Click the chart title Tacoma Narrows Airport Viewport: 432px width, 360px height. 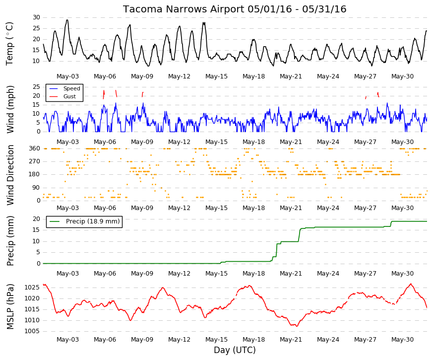[184, 9]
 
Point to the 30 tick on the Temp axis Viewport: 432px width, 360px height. [36, 17]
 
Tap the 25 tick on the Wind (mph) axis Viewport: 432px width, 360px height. [36, 87]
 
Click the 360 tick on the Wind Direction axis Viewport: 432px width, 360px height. [35, 148]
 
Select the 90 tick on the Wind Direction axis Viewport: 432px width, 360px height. [36, 188]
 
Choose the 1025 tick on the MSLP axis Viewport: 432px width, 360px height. [32, 288]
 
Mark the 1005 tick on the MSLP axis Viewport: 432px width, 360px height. [32, 331]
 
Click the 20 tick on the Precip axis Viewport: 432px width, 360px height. [36, 219]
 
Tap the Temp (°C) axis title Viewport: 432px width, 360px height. [9, 44]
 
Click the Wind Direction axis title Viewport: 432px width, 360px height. [10, 175]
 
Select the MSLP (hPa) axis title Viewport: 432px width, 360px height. [10, 306]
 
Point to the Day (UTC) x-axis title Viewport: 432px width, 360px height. [235, 350]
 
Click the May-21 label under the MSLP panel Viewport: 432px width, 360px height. [291, 340]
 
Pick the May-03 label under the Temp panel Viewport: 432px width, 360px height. [67, 76]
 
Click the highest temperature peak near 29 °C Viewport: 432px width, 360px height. [67, 20]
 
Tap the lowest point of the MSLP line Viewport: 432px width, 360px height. [297, 326]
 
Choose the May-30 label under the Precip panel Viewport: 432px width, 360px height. [402, 274]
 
